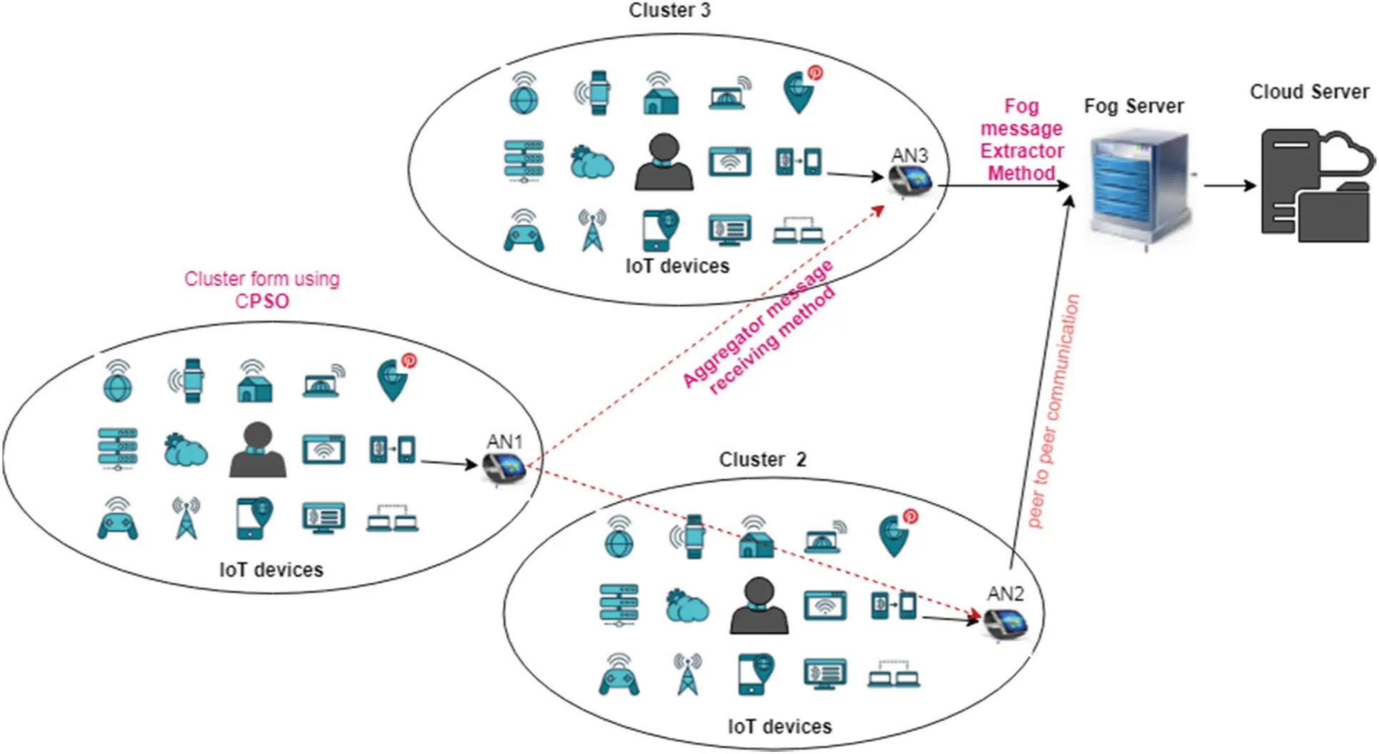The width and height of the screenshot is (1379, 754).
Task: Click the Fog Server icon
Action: point(1140,187)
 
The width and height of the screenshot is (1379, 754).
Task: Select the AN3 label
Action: point(909,155)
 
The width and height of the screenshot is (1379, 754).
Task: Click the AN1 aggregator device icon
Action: point(504,469)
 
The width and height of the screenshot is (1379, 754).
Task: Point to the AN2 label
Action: point(1005,593)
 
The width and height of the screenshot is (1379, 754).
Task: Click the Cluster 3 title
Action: point(669,11)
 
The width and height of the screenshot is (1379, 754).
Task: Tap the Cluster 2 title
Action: point(762,459)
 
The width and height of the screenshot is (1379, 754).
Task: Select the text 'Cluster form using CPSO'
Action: point(262,289)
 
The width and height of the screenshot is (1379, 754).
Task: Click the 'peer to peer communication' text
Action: point(1053,411)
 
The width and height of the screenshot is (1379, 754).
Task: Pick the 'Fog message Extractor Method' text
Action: point(1022,139)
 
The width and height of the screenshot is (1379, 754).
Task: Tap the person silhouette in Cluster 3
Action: point(664,163)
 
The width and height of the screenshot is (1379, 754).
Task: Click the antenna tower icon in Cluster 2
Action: point(687,674)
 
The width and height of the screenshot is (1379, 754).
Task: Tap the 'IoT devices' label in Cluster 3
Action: point(677,266)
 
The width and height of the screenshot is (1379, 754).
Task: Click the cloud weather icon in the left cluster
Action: point(185,450)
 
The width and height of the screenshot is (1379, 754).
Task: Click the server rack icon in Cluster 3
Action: point(524,161)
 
